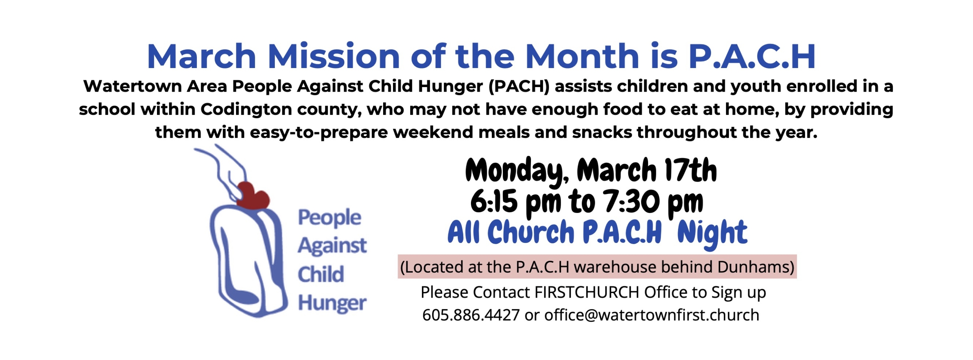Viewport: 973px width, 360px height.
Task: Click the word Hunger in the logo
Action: pos(332,303)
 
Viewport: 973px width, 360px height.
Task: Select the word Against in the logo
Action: pos(332,246)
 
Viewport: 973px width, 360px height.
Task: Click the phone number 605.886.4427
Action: pos(471,315)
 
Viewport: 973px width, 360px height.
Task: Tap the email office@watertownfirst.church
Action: pos(651,315)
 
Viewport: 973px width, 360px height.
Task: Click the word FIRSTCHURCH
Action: pos(587,292)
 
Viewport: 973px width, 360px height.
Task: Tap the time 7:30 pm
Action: pos(654,201)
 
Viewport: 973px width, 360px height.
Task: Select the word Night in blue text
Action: pos(712,233)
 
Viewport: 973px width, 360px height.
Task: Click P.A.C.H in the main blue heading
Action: pos(752,56)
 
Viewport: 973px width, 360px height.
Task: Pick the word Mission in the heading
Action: pos(334,56)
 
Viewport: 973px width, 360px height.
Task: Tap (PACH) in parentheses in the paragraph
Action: pos(519,86)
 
